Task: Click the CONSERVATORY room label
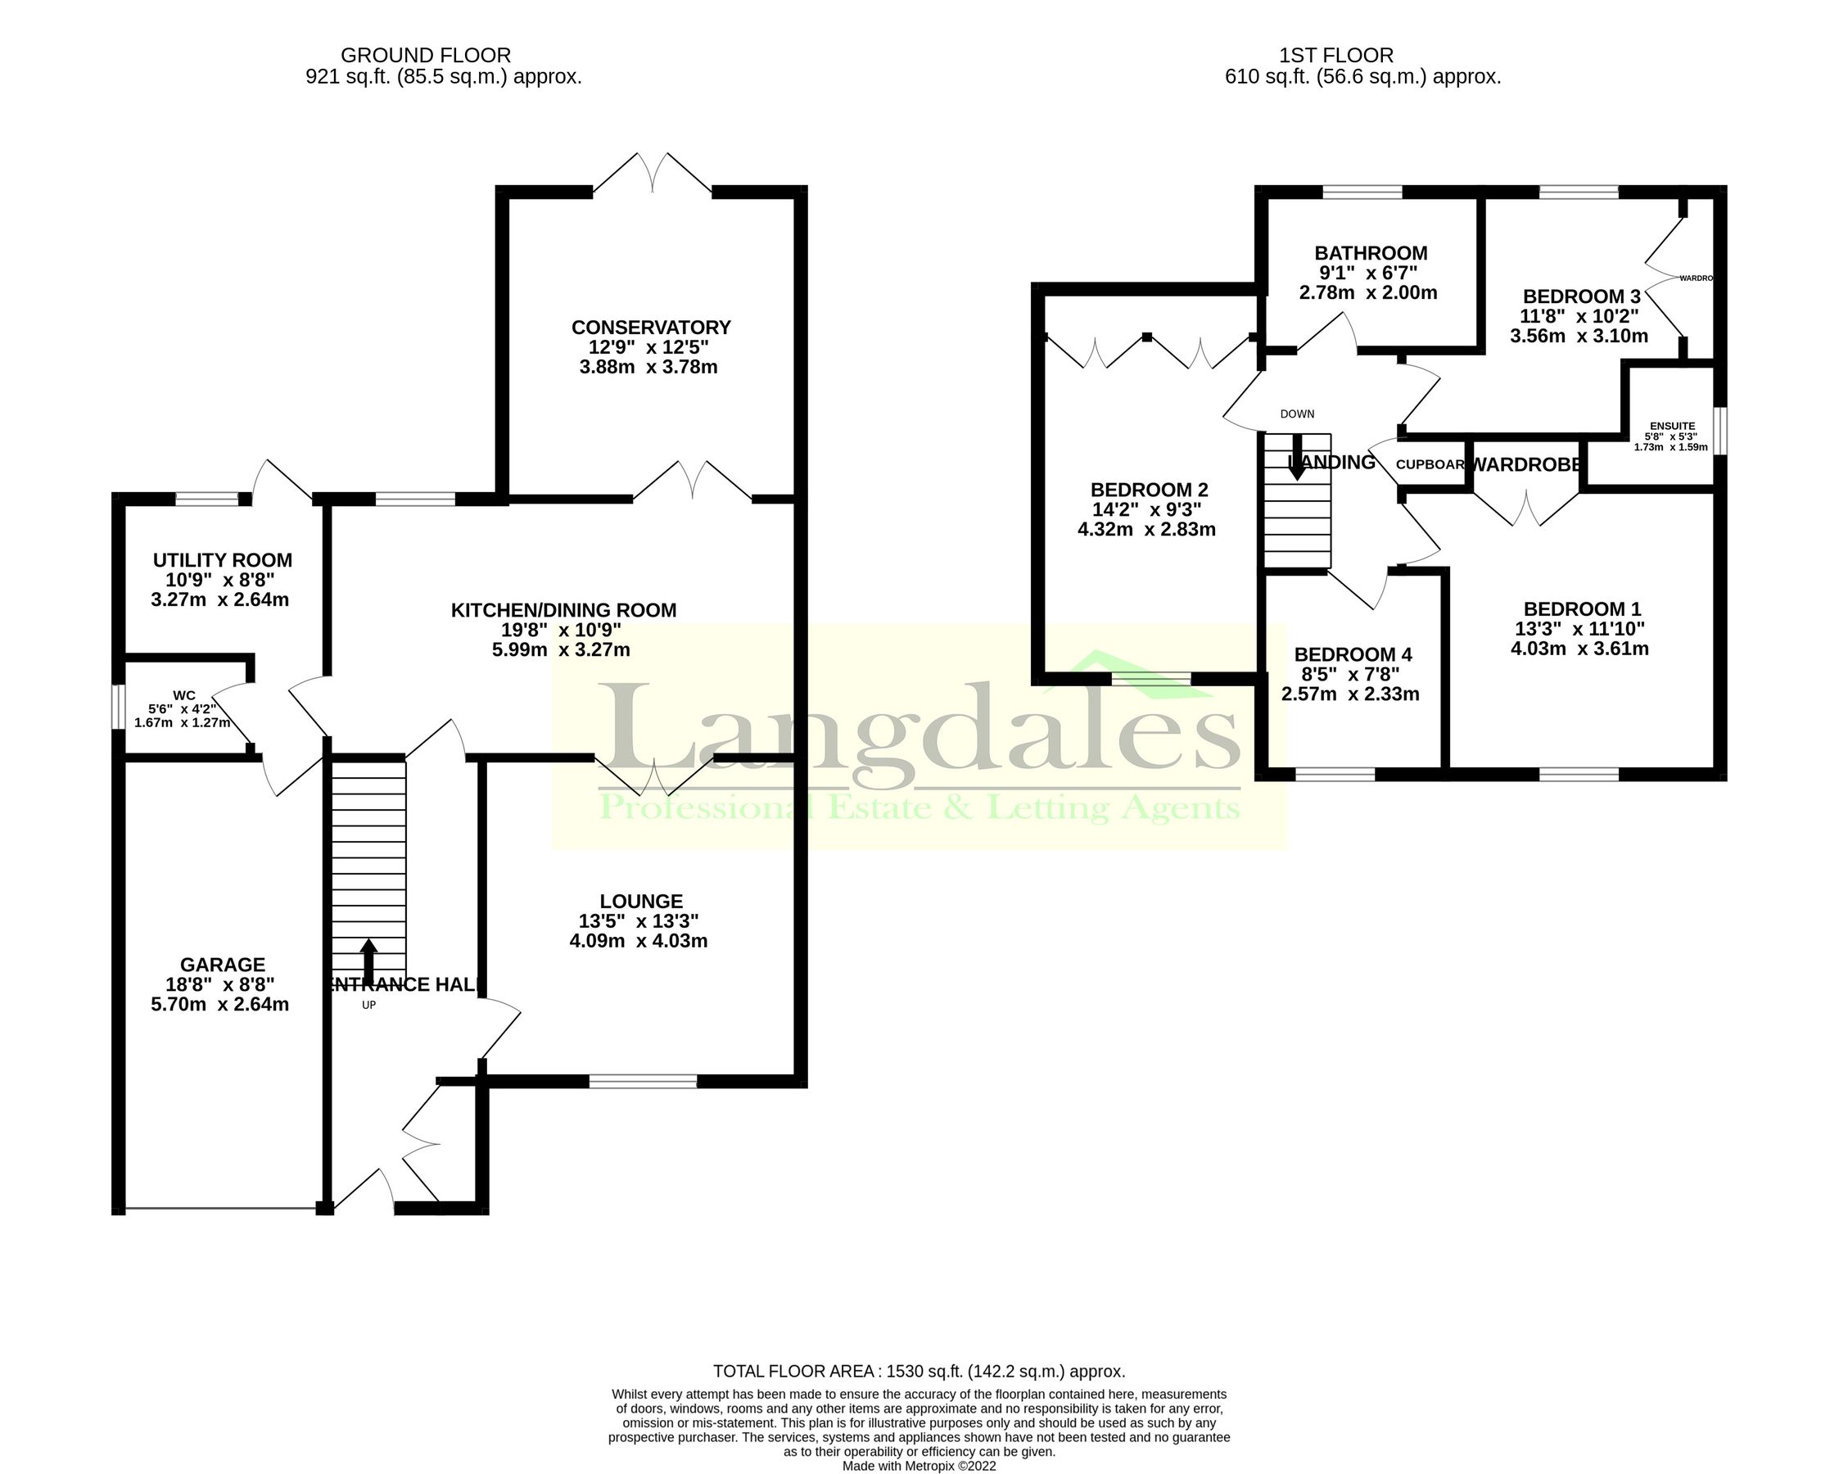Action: tap(651, 328)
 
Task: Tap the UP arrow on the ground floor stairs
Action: tap(368, 962)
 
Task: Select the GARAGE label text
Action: tap(223, 965)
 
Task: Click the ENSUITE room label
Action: tap(1672, 427)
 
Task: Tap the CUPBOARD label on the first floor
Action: tap(1430, 465)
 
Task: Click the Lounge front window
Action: tap(643, 1082)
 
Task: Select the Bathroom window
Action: tap(1362, 192)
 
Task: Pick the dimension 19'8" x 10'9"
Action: tap(561, 631)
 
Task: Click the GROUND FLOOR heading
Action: tap(426, 56)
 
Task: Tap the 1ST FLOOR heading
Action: tap(1336, 56)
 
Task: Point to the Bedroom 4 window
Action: tap(1335, 775)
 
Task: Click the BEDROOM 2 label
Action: tap(1149, 491)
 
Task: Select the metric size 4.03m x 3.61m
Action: tap(1579, 649)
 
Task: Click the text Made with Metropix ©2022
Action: tap(919, 1466)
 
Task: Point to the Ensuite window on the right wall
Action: tap(1721, 431)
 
